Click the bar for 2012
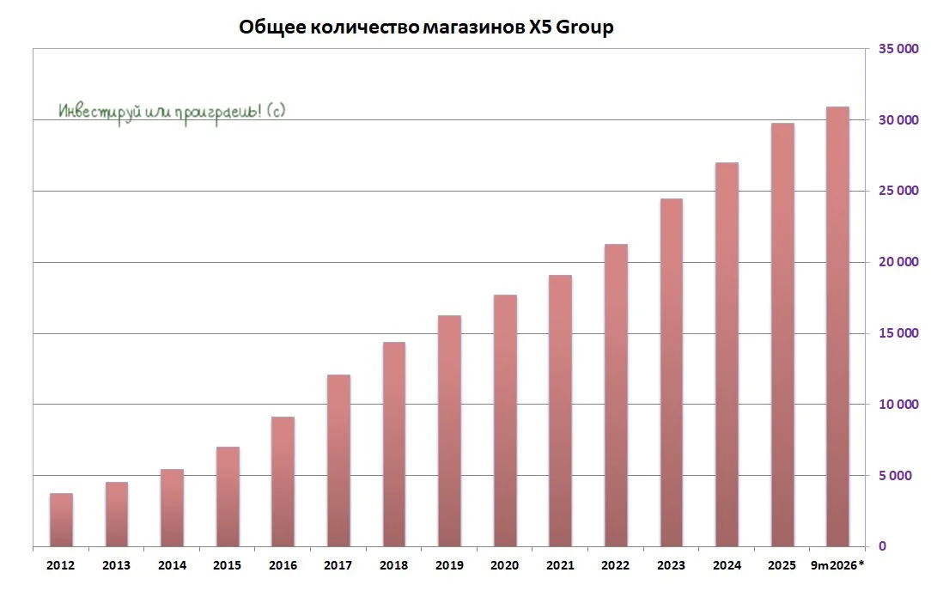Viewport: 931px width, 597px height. (61, 520)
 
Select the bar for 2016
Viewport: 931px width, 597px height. (283, 482)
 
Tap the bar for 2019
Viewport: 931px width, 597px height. (449, 430)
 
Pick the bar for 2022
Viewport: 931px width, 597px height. (616, 395)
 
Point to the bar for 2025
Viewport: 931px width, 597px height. (782, 334)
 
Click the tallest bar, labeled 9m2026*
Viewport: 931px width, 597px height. (837, 326)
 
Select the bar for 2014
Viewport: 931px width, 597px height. (172, 508)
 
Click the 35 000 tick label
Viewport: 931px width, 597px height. (898, 49)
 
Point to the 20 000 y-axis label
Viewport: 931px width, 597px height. (898, 262)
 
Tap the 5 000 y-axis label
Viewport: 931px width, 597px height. (895, 476)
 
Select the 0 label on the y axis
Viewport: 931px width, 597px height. (882, 546)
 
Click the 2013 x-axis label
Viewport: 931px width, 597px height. (117, 565)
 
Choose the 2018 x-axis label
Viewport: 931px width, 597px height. (393, 565)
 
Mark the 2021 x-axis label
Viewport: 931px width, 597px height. (561, 565)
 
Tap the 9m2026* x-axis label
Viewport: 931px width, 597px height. (837, 565)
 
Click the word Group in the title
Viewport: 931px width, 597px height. (584, 27)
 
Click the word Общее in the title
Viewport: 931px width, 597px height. (272, 27)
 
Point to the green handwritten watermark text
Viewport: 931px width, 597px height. (172, 112)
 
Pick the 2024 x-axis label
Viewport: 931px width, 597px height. (727, 565)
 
